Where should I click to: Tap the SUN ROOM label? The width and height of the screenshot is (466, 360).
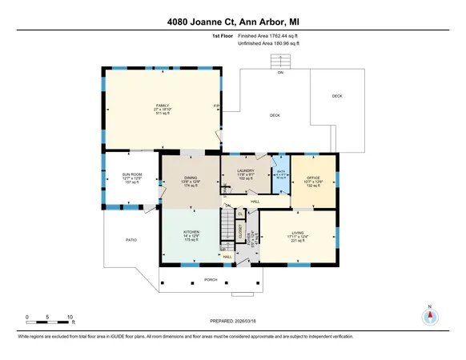point(131,174)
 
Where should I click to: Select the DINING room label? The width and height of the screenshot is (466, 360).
point(191,178)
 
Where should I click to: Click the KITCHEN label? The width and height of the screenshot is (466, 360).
point(191,231)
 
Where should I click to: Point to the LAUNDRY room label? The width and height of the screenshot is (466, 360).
point(245,170)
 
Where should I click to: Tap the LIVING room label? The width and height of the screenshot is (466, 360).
point(298,232)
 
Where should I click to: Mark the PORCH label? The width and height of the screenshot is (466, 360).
point(211,279)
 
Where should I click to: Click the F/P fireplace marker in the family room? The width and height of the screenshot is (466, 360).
point(216,106)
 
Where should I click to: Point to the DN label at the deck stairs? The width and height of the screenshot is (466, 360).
point(280,73)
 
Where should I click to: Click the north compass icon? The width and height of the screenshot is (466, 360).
point(430,316)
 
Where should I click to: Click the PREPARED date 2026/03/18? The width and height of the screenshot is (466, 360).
point(232,321)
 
